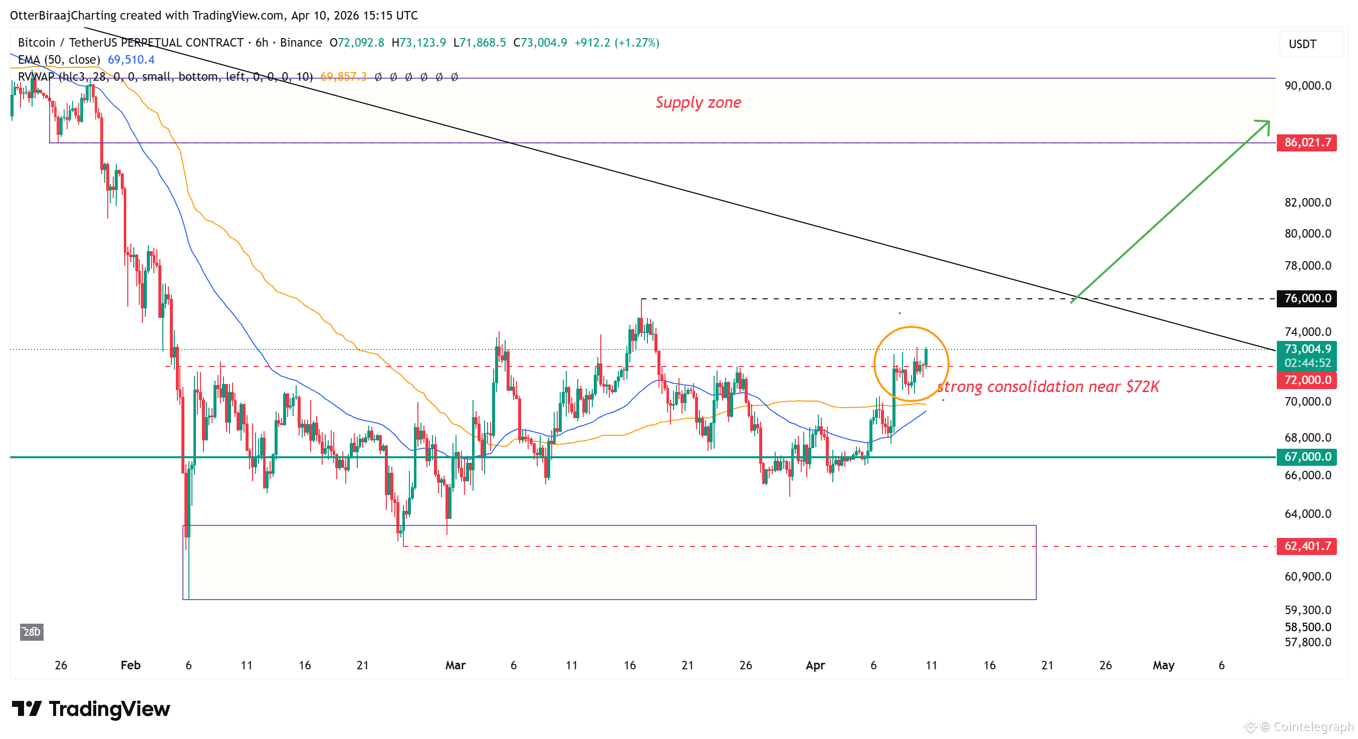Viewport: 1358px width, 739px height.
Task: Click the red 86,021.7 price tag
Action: (1306, 142)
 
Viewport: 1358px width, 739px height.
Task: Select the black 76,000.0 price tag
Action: (1306, 298)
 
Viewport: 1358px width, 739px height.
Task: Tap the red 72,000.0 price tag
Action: (1306, 380)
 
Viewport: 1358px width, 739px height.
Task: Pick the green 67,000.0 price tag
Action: (1306, 457)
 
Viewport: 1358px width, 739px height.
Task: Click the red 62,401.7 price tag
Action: (1306, 546)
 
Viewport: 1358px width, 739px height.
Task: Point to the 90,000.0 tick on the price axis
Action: (1307, 85)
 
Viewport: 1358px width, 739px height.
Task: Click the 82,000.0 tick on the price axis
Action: (1307, 203)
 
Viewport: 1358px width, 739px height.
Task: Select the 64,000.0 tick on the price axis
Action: (1307, 514)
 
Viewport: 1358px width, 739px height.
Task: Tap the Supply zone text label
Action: (698, 102)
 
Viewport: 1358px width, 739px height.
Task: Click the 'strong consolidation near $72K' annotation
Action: (1048, 387)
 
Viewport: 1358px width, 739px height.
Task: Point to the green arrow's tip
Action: (1268, 122)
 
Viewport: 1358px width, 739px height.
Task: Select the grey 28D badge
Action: (32, 632)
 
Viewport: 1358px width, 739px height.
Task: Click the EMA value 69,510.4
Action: (131, 60)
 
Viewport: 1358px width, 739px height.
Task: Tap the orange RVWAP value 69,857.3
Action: (343, 77)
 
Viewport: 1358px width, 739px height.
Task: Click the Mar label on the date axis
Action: (456, 665)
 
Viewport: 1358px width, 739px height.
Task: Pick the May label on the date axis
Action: (1163, 665)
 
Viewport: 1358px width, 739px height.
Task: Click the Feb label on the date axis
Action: (130, 665)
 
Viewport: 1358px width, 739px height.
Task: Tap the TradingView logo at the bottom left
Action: (91, 709)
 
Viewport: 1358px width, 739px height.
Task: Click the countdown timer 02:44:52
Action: (1307, 363)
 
